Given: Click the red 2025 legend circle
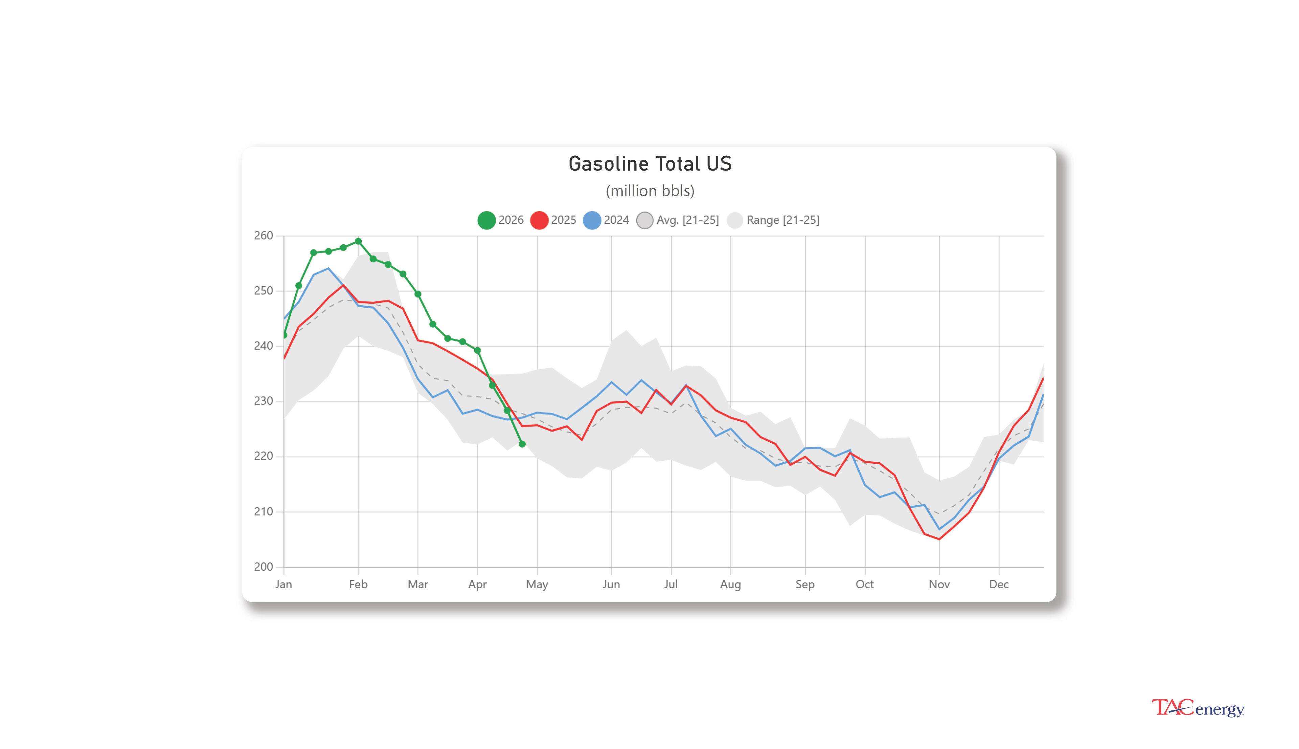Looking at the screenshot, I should (x=539, y=220).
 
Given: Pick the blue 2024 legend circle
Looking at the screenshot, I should (x=592, y=220).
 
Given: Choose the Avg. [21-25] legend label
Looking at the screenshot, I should (x=687, y=220).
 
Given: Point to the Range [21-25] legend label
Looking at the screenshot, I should (x=782, y=220).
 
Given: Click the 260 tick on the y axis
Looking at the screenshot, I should (x=263, y=236).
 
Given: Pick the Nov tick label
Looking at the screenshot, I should (x=939, y=585).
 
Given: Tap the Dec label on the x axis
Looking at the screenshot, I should (x=998, y=585).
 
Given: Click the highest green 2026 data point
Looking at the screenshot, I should (x=358, y=241).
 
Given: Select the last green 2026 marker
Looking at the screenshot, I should (x=522, y=444).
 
